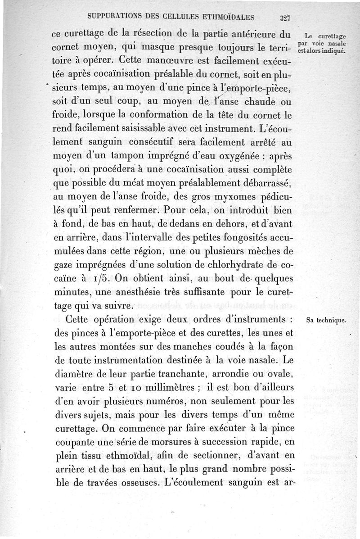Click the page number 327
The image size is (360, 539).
(283, 18)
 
